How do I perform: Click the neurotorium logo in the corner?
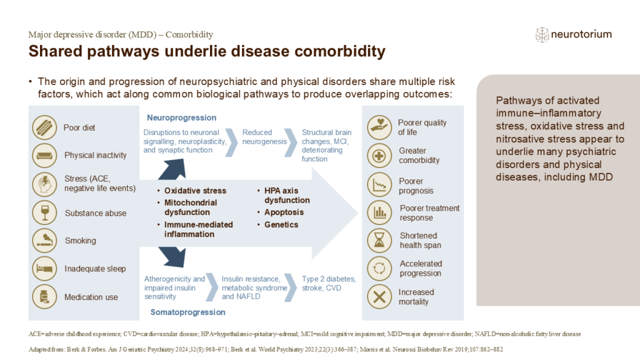coord(573,34)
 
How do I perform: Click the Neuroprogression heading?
coord(181,117)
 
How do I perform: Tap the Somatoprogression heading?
coord(181,311)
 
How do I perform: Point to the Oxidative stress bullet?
coord(195,191)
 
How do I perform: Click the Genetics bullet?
coord(281,224)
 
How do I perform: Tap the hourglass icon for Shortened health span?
coord(379,240)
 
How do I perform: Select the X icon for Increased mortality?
coord(379,296)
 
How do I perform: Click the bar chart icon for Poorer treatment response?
coord(379,212)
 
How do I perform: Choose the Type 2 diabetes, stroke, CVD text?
coord(329,283)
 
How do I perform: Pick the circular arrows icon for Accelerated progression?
coord(379,268)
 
